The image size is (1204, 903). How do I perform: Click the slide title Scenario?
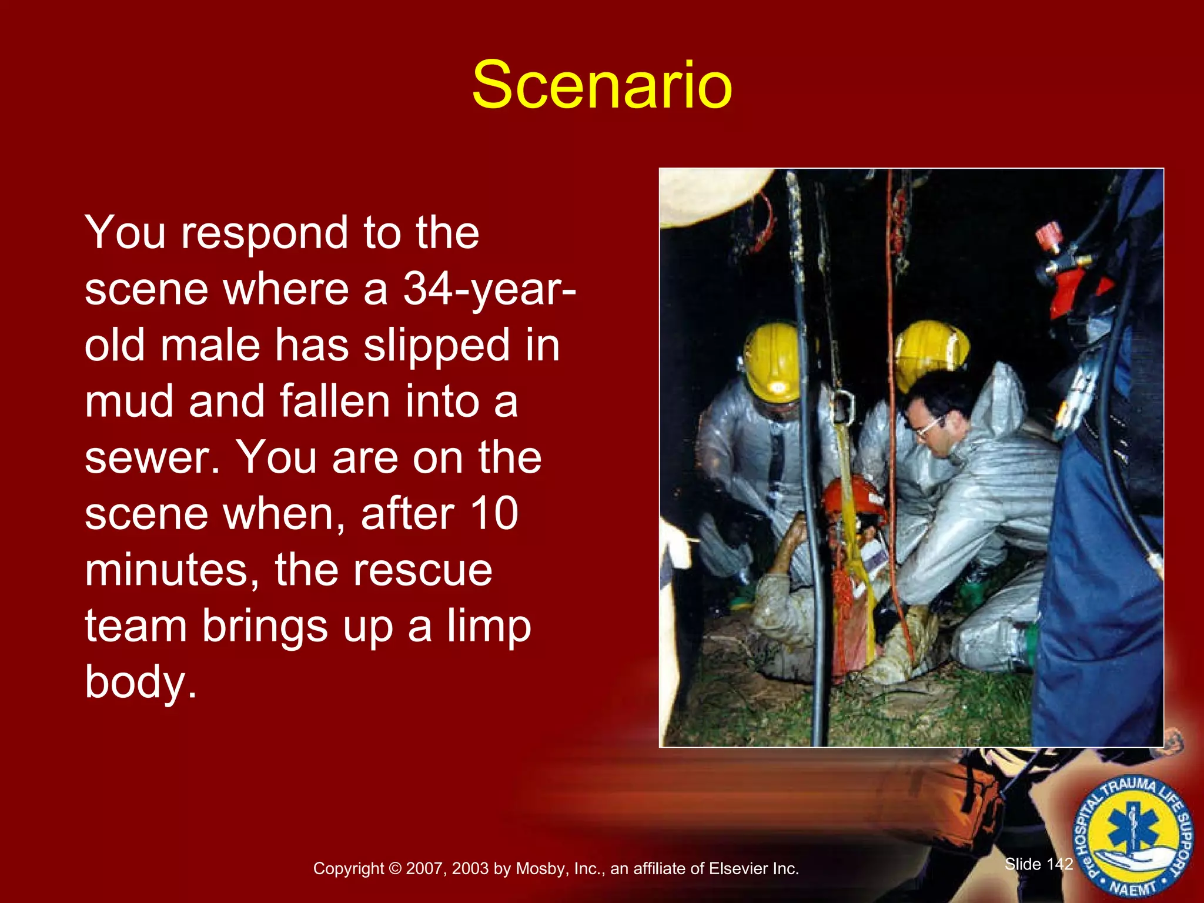(601, 85)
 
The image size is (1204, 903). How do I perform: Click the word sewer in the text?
(152, 459)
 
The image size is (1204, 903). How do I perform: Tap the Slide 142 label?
(1038, 864)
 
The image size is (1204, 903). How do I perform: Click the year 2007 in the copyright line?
(425, 869)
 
